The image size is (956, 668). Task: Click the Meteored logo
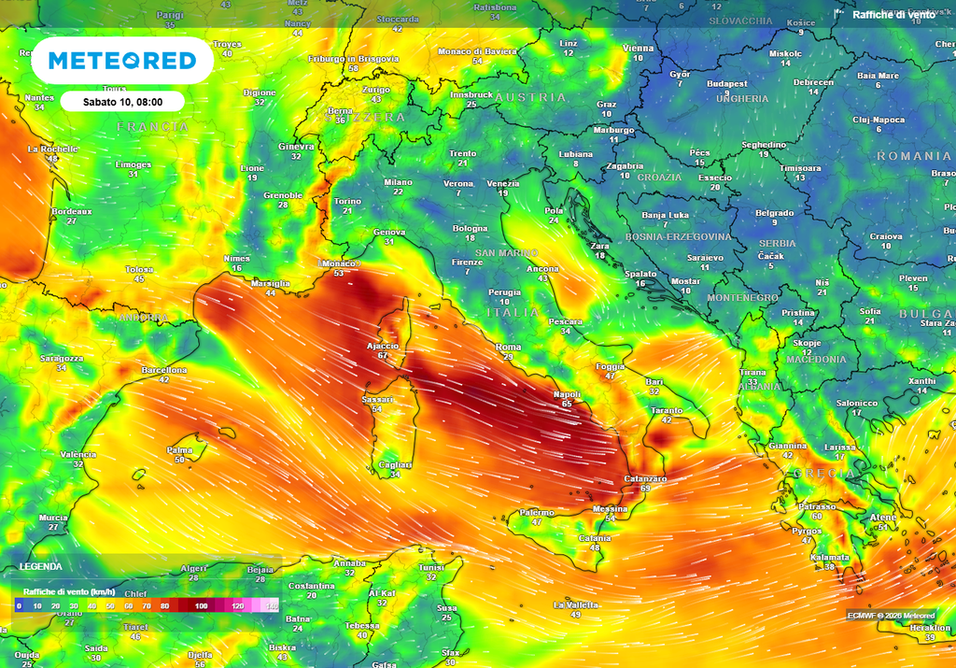pos(122,61)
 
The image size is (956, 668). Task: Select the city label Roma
pos(508,347)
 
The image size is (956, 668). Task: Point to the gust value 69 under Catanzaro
pos(645,489)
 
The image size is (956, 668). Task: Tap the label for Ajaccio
pos(383,346)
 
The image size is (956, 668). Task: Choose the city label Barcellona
pos(163,370)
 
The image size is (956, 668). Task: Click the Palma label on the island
pos(180,449)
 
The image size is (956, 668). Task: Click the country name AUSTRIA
pos(530,97)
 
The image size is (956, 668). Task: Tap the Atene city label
pos(883,517)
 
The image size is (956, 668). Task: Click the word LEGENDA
pos(41,566)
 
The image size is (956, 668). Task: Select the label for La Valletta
pos(575,604)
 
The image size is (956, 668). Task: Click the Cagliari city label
pos(396,464)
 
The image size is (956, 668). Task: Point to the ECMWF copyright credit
pos(891,615)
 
